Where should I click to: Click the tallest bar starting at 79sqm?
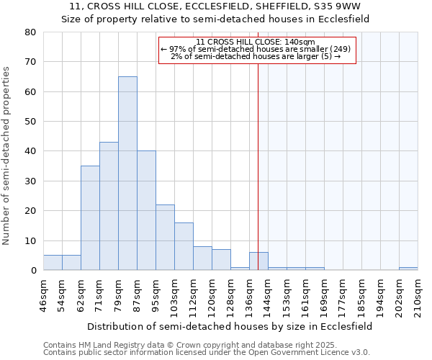[127, 173]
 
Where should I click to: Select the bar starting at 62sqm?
[90, 217]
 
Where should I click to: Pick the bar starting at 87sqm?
[146, 210]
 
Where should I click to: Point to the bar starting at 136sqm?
[258, 261]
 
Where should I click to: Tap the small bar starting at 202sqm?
[408, 269]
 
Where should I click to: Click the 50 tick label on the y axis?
[30, 122]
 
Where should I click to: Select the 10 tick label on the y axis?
[30, 240]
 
